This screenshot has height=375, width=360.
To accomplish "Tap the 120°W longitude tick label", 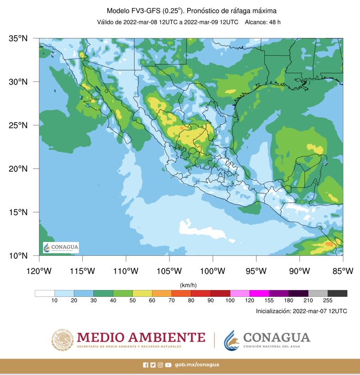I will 39,271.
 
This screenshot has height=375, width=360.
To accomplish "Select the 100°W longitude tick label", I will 212,271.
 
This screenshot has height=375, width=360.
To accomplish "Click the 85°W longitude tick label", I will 342,271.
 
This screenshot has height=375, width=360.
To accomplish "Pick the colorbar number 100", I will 230,301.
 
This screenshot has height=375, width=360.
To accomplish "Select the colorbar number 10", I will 54,301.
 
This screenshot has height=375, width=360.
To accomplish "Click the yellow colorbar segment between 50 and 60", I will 142,293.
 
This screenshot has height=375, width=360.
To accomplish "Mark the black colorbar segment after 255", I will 337,293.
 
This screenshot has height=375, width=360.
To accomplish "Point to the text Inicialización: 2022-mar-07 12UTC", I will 301,311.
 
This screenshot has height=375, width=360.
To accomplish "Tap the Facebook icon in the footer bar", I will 146,365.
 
